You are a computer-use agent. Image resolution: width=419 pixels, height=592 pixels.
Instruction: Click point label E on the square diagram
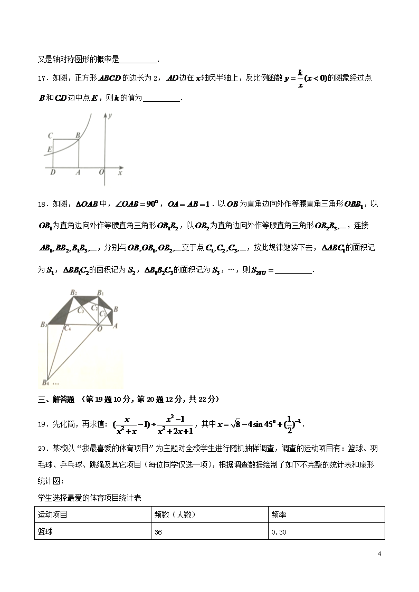point(49,150)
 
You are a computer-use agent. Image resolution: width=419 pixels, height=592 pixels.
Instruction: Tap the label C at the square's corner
point(49,135)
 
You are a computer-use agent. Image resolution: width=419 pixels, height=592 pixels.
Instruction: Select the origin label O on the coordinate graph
point(101,172)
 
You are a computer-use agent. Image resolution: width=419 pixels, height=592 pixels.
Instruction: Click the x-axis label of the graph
point(120,172)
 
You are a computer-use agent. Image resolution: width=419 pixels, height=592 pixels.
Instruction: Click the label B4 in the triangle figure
point(45,383)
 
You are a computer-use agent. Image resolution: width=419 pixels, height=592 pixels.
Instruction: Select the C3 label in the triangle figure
point(80,311)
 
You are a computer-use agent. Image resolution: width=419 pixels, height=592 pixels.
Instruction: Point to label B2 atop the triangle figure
point(74,292)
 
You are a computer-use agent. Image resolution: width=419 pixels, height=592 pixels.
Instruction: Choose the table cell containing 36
point(158,532)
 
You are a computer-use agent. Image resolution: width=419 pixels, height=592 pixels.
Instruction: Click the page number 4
point(379,554)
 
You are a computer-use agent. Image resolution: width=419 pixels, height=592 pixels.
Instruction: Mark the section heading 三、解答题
point(56,399)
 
